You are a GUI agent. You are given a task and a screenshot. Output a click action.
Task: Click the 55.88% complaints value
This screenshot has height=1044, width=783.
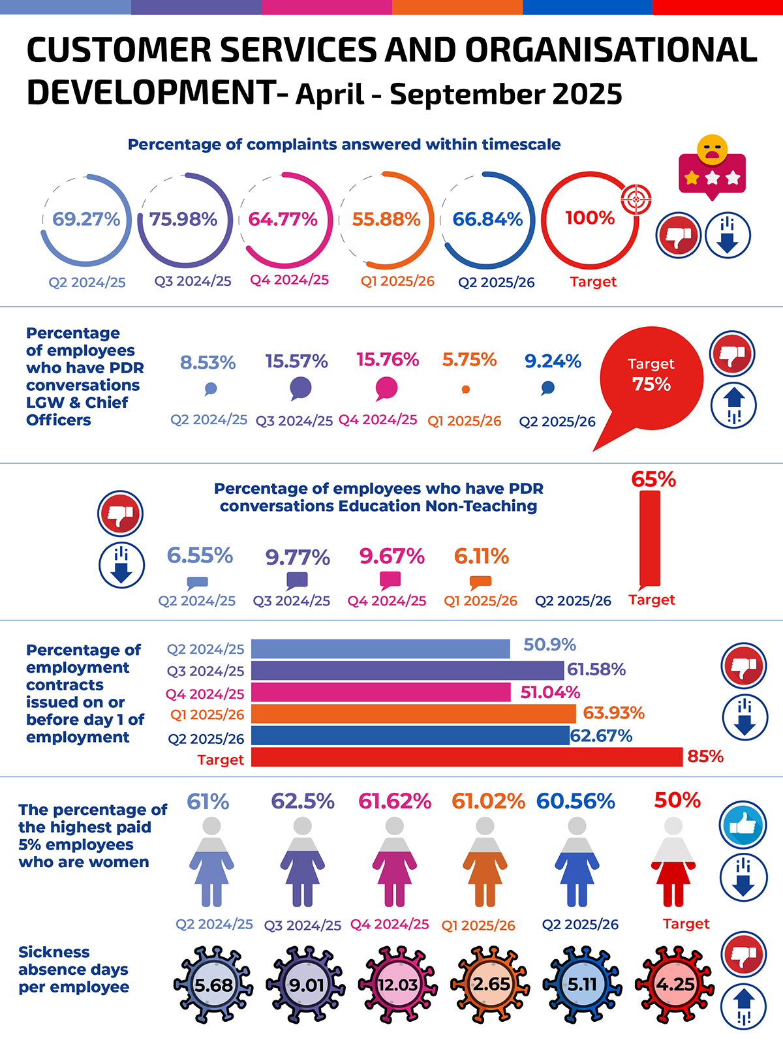click(x=386, y=219)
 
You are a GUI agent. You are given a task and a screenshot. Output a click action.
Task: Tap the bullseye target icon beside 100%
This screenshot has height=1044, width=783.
click(x=636, y=198)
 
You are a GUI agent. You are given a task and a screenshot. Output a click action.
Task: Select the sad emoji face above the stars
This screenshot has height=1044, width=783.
click(x=712, y=149)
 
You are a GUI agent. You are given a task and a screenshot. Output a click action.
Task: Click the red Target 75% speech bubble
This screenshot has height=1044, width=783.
click(x=651, y=376)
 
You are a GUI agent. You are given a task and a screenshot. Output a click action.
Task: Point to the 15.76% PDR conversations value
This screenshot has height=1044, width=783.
click(x=388, y=360)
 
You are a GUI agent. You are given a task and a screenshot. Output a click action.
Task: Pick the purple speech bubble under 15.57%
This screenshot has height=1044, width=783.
click(x=300, y=388)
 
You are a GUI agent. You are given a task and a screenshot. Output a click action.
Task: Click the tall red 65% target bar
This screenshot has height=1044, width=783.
click(x=650, y=538)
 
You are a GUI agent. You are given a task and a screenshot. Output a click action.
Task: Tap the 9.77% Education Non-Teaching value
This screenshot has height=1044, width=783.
click(x=298, y=557)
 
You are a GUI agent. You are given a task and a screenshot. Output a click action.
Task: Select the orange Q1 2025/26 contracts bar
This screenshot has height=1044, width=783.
click(x=413, y=713)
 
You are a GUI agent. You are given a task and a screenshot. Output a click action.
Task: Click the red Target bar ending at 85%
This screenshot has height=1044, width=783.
click(x=467, y=757)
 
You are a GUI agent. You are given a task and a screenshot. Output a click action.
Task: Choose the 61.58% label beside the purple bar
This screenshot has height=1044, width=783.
click(x=596, y=669)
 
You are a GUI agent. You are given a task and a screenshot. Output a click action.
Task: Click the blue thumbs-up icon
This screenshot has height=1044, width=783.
click(x=743, y=825)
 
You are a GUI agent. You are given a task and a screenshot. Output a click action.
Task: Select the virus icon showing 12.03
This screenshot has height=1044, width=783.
click(x=397, y=984)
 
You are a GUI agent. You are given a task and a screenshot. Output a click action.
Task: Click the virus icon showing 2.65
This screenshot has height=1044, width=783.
click(x=491, y=984)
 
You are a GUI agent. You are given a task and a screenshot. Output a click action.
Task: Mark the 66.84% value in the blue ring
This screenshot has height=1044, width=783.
click(x=487, y=219)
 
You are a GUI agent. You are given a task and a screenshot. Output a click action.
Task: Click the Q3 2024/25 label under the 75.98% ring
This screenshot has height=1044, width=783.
click(x=192, y=281)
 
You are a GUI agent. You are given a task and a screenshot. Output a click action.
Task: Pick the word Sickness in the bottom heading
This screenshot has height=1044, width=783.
click(x=45, y=952)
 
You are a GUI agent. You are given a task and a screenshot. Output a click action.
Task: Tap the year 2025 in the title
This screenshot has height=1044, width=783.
click(x=587, y=94)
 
